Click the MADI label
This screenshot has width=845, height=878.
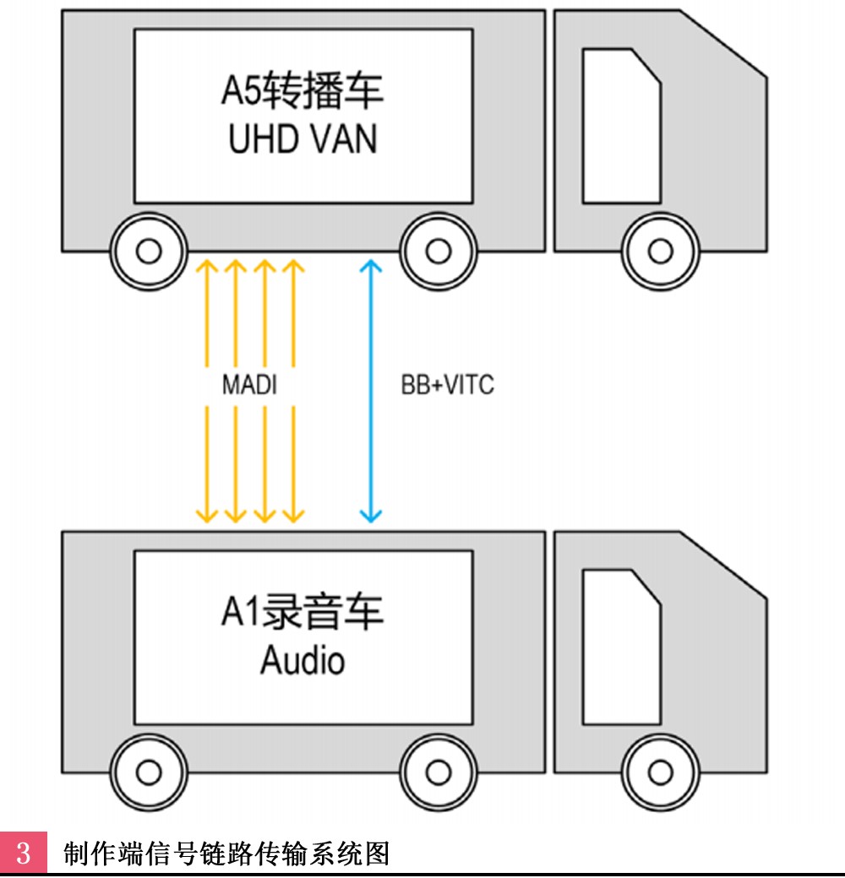pyautogui.click(x=249, y=385)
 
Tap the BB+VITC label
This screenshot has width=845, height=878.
pyautogui.click(x=448, y=385)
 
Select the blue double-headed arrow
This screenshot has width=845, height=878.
pyautogui.click(x=370, y=391)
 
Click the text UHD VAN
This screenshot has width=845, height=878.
pyautogui.click(x=303, y=138)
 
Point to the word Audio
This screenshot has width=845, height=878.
pyautogui.click(x=303, y=660)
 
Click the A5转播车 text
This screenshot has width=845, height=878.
pyautogui.click(x=303, y=89)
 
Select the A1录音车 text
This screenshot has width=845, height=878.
pyautogui.click(x=303, y=611)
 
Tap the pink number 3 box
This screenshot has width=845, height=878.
pyautogui.click(x=24, y=852)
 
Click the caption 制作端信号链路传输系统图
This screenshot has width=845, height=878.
pyautogui.click(x=226, y=854)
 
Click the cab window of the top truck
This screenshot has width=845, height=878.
pyautogui.click(x=621, y=126)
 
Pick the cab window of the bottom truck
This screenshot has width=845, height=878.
pyautogui.click(x=621, y=648)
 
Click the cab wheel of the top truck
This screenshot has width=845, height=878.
pyautogui.click(x=661, y=251)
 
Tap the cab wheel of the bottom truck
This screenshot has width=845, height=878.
pyautogui.click(x=661, y=772)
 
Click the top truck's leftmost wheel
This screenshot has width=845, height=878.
pyautogui.click(x=149, y=251)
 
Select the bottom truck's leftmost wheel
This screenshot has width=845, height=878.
pyautogui.click(x=149, y=772)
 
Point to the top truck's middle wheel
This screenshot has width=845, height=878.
pyautogui.click(x=439, y=251)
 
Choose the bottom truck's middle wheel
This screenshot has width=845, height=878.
pyautogui.click(x=439, y=772)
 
